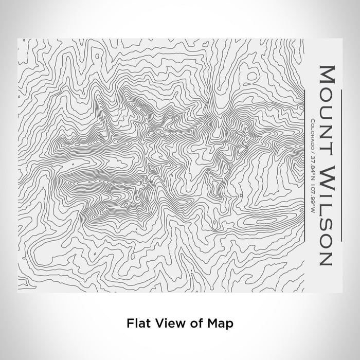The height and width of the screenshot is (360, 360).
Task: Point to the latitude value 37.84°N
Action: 312,167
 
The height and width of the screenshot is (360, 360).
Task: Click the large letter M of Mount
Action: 328,75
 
